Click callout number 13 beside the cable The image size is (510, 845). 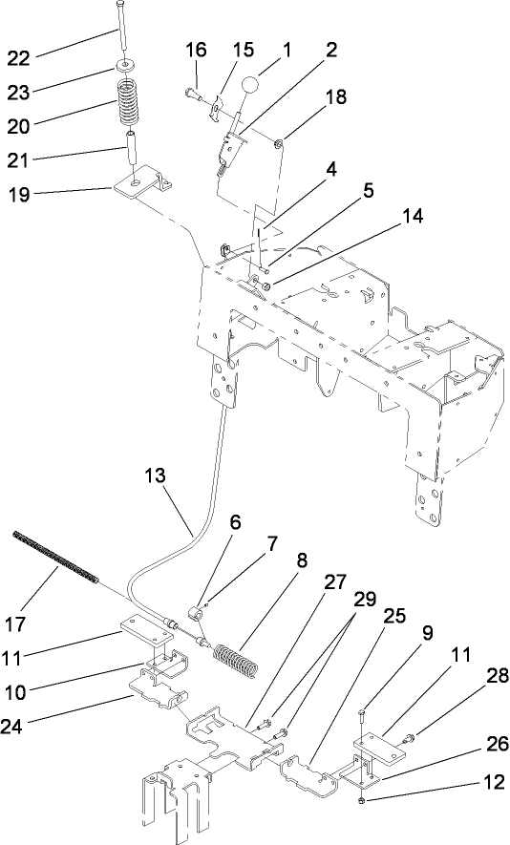point(159,474)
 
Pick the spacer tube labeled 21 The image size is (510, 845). point(129,151)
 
